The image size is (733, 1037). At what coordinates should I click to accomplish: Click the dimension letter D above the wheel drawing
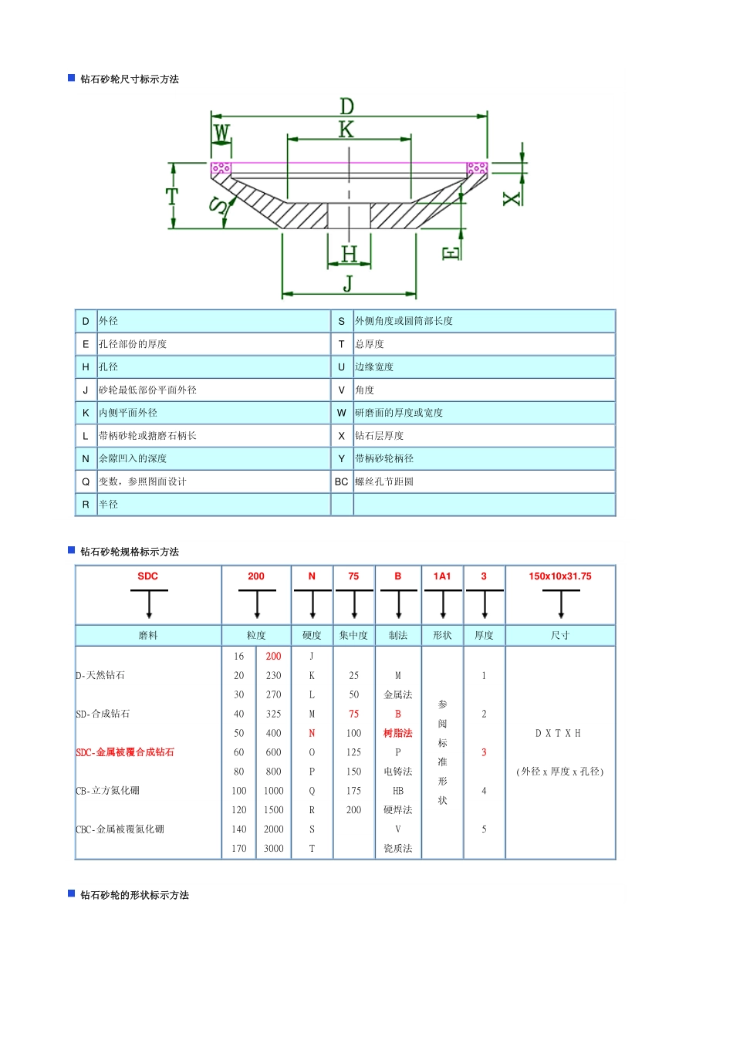[347, 106]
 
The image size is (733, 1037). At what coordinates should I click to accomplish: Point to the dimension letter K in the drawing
[346, 130]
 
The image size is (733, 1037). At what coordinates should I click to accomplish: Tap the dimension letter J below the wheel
[348, 283]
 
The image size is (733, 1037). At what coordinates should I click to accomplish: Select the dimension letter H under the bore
[350, 254]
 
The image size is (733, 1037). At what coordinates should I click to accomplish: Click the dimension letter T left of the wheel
[172, 196]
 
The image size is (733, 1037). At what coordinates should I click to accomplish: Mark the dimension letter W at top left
[221, 133]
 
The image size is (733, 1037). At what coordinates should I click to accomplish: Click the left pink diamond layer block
[221, 168]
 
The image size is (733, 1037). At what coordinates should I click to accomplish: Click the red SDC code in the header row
[147, 576]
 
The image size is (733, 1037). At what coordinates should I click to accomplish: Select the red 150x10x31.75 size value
[560, 576]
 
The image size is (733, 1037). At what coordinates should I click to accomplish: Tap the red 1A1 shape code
[442, 576]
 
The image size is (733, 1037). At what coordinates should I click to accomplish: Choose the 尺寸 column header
[560, 636]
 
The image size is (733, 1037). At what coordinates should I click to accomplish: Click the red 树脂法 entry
[398, 733]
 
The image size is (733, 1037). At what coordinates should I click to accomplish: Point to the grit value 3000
[274, 849]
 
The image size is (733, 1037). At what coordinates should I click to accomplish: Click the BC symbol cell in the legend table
[342, 481]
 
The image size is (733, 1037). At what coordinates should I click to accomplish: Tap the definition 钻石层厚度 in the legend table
[380, 436]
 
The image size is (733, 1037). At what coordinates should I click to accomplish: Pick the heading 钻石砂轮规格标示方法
[130, 552]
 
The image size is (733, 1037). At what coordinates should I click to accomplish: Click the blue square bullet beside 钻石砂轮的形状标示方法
[72, 893]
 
